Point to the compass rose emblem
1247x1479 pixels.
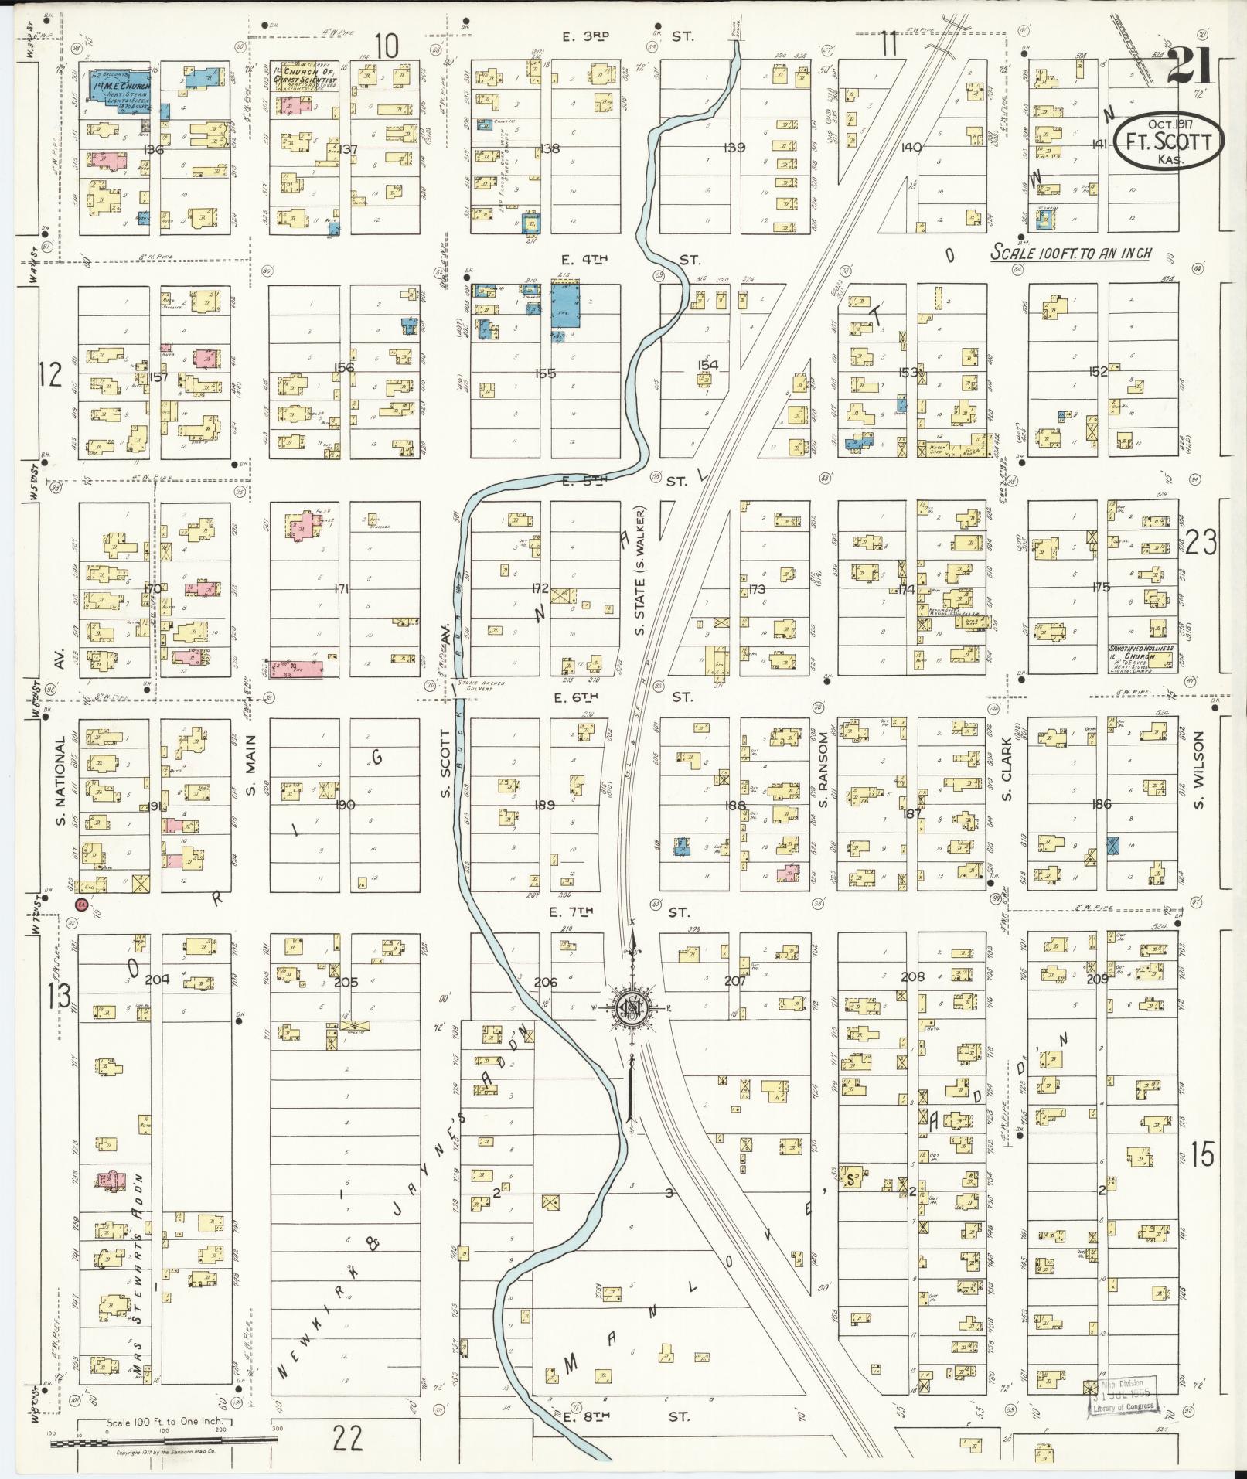(x=632, y=1008)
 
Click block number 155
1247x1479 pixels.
(x=545, y=373)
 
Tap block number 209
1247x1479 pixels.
(x=1097, y=978)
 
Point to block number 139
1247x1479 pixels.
(x=734, y=147)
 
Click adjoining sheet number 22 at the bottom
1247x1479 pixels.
(x=348, y=1438)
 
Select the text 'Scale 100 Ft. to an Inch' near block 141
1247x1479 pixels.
(x=1071, y=254)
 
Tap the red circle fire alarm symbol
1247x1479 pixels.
(x=80, y=905)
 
